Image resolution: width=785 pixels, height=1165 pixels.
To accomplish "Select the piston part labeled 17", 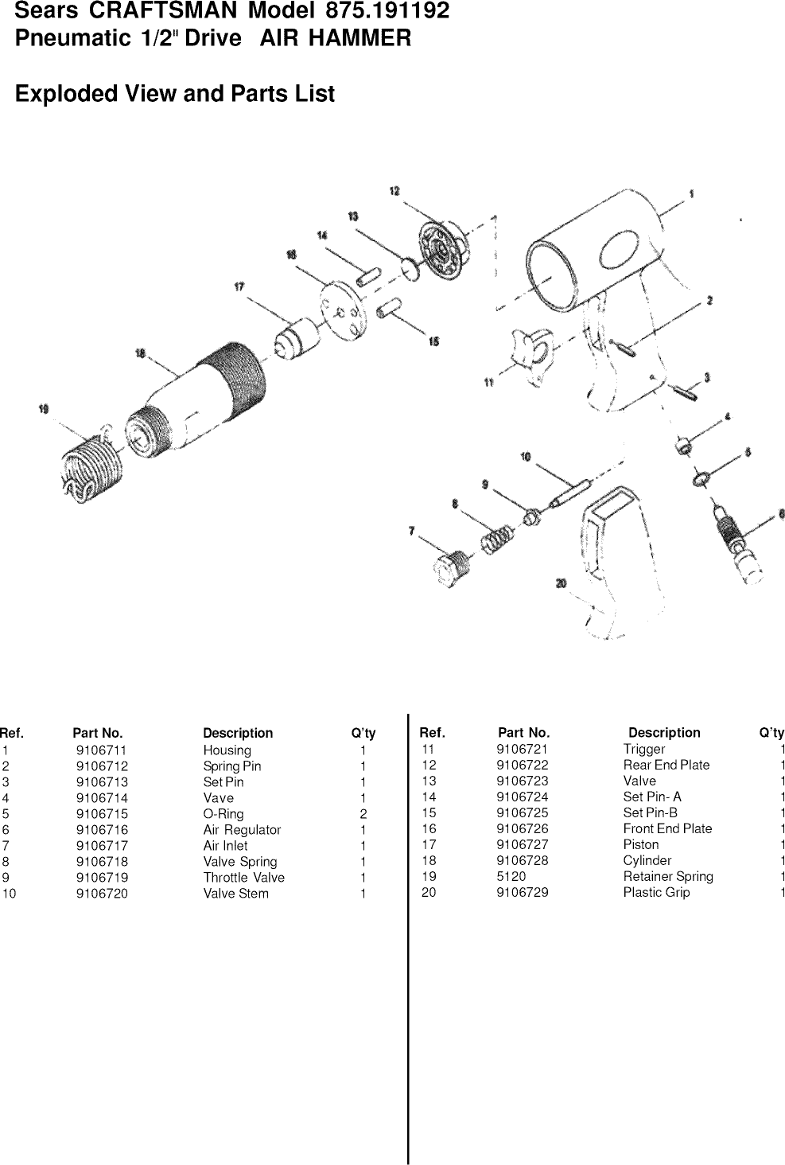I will (x=297, y=337).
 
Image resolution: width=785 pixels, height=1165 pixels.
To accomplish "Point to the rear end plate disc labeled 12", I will (x=442, y=250).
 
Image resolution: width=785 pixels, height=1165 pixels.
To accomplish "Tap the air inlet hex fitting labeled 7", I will (x=452, y=568).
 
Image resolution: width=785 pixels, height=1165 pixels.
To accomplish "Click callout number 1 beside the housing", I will (x=691, y=193).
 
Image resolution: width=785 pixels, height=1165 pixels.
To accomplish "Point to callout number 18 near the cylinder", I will (x=141, y=354).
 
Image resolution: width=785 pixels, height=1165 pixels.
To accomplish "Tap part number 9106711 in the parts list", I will (x=101, y=750).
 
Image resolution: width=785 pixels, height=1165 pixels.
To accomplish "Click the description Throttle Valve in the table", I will (x=243, y=878).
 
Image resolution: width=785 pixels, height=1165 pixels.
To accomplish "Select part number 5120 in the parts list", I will (x=511, y=876).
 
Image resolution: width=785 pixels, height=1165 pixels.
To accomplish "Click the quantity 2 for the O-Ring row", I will (x=363, y=814).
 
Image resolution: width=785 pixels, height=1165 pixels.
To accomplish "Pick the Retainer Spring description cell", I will (x=667, y=876).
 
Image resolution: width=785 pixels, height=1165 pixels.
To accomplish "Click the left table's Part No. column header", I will (x=97, y=733).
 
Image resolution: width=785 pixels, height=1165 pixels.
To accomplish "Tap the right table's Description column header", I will (x=664, y=732).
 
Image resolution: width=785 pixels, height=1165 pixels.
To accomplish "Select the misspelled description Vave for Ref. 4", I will (x=218, y=798).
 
